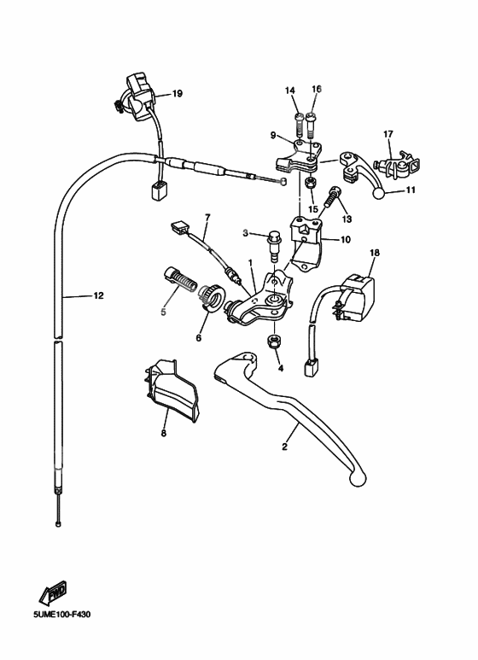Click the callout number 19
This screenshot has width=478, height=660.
point(178,93)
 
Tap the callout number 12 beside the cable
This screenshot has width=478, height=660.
point(98,296)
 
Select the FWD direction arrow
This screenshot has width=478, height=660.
point(53,593)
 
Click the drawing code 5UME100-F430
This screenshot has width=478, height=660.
point(61,615)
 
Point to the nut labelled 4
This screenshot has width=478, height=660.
point(274,342)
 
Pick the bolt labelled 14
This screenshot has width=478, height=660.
point(299,124)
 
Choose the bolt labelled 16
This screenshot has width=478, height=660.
point(312,124)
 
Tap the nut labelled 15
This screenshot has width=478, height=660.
point(311,183)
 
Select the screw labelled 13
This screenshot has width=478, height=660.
point(332,196)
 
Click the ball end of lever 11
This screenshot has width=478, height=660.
point(379,193)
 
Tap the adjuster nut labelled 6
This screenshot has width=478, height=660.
point(213,298)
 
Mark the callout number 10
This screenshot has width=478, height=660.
point(345,240)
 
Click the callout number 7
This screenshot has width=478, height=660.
point(207,218)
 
